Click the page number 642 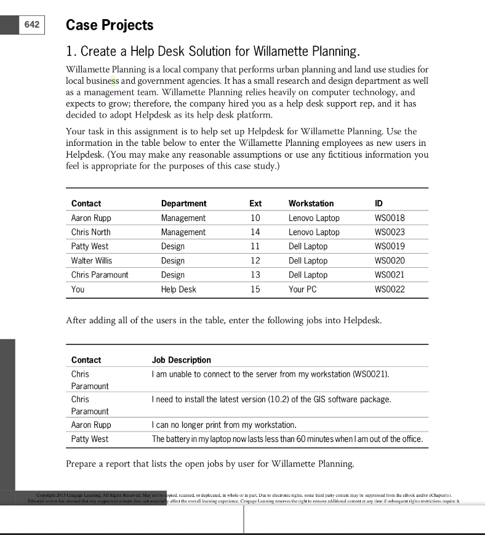(x=31, y=25)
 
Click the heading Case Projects (x=110, y=25)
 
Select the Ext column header (x=255, y=203)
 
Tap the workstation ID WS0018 (x=390, y=218)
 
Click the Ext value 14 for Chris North (x=255, y=232)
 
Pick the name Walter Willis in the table (x=92, y=260)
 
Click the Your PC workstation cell (x=302, y=289)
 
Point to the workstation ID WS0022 (x=390, y=289)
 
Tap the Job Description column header (x=182, y=360)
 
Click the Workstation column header (x=311, y=203)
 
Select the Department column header (x=183, y=203)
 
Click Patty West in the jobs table (x=90, y=439)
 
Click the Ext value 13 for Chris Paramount (x=255, y=275)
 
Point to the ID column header (x=379, y=203)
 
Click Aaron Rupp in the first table (x=91, y=218)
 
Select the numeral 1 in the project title (x=69, y=51)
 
